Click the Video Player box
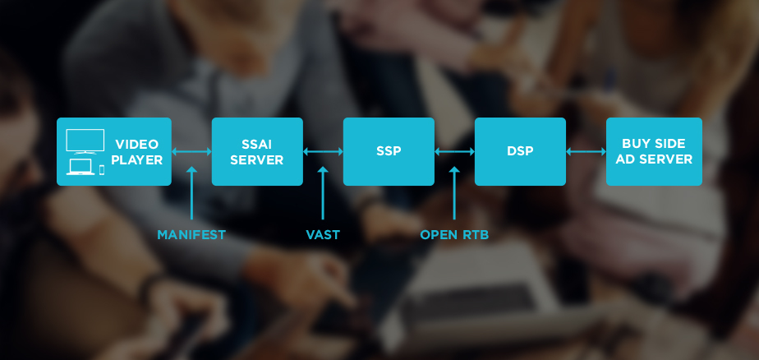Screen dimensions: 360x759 pyautogui.click(x=114, y=151)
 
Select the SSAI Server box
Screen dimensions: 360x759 pyautogui.click(x=257, y=151)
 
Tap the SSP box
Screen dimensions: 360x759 pyautogui.click(x=389, y=151)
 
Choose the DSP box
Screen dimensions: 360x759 pyautogui.click(x=520, y=151)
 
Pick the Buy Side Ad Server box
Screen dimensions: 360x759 pyautogui.click(x=654, y=151)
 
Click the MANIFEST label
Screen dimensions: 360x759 pyautogui.click(x=191, y=235)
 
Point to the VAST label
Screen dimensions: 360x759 pyautogui.click(x=323, y=235)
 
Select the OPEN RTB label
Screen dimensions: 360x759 pyautogui.click(x=454, y=235)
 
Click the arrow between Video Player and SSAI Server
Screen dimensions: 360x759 pyautogui.click(x=191, y=151)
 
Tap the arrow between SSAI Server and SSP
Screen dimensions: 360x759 pyautogui.click(x=323, y=151)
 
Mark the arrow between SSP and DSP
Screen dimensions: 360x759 pyautogui.click(x=454, y=151)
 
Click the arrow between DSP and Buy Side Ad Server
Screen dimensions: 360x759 pyautogui.click(x=586, y=151)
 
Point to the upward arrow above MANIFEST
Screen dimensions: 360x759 pyautogui.click(x=191, y=194)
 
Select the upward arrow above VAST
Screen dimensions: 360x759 pyautogui.click(x=323, y=194)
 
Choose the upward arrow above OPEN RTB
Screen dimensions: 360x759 pyautogui.click(x=454, y=194)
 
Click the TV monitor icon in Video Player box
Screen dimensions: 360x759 pyautogui.click(x=85, y=141)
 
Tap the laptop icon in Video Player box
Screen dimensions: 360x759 pyautogui.click(x=80, y=168)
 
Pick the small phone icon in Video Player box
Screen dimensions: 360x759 pyautogui.click(x=102, y=169)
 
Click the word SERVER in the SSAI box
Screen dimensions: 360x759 pyautogui.click(x=256, y=160)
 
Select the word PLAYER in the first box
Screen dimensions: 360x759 pyautogui.click(x=137, y=160)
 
